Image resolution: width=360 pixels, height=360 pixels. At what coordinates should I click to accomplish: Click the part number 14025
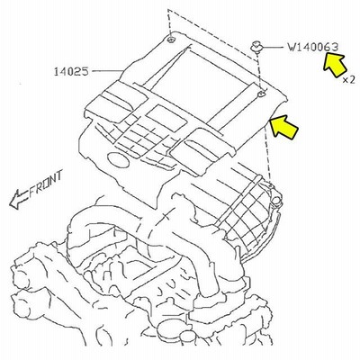(71, 72)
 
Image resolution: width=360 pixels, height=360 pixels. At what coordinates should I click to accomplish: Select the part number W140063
(313, 47)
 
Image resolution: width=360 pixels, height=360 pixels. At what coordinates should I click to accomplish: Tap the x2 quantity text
(349, 80)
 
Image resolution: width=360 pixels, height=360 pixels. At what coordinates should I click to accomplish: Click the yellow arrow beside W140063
(335, 65)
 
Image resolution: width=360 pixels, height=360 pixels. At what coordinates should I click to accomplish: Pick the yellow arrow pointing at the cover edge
(283, 127)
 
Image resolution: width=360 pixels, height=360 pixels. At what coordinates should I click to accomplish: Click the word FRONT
(47, 183)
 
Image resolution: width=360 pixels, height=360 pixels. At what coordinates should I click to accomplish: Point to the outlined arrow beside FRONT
(19, 200)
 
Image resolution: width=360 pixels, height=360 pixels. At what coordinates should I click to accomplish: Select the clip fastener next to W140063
(256, 48)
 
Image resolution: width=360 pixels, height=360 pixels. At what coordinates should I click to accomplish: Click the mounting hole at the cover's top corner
(171, 40)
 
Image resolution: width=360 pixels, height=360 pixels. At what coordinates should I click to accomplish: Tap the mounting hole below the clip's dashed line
(262, 94)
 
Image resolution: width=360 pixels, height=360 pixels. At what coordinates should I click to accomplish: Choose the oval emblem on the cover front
(118, 159)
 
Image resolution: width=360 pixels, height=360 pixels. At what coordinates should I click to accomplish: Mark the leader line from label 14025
(108, 71)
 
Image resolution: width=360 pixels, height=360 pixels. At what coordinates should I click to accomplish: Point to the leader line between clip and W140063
(274, 47)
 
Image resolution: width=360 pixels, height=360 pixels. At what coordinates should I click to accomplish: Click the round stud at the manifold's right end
(276, 201)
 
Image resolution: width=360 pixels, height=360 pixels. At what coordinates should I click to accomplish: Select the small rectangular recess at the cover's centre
(166, 118)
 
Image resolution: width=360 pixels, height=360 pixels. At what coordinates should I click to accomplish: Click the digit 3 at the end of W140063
(335, 47)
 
